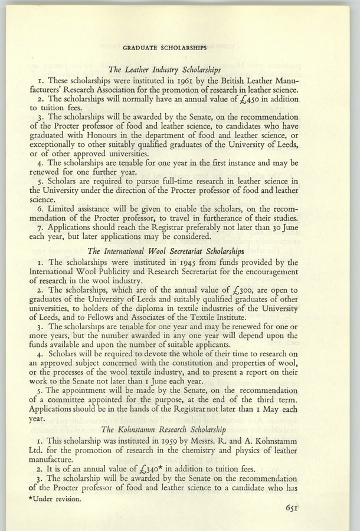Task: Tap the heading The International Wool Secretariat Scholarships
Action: (165, 250)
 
